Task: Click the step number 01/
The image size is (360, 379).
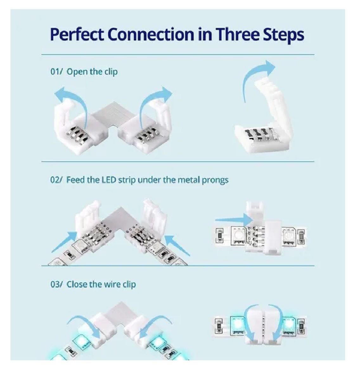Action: [x=56, y=72]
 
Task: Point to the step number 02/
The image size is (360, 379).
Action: [x=56, y=180]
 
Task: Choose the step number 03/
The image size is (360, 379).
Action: [x=56, y=284]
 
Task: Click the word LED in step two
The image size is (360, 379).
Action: [x=109, y=180]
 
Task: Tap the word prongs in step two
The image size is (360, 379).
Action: [x=215, y=180]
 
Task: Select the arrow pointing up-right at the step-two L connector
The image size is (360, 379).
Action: [x=64, y=242]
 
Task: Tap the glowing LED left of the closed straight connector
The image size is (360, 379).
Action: [x=238, y=324]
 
